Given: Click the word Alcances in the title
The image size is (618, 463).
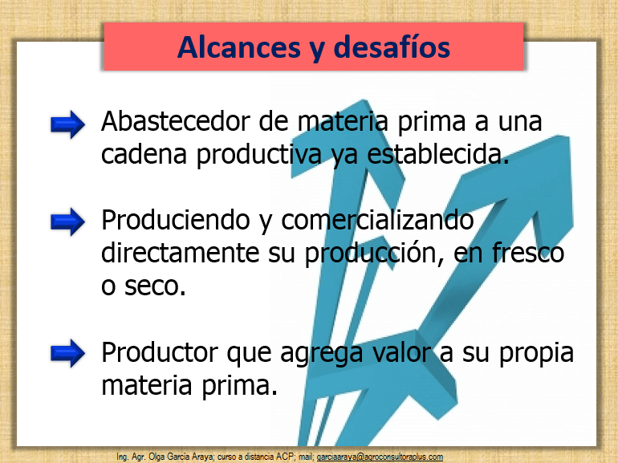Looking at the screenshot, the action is point(239,47).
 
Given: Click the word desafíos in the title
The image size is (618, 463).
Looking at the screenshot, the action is point(392,47).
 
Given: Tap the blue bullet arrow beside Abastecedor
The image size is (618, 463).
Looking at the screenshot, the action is point(67,124).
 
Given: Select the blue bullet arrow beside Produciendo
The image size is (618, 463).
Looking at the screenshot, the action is point(67,221).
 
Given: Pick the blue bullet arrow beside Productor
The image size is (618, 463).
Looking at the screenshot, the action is point(67,353).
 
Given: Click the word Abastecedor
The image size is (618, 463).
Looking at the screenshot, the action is point(176,121).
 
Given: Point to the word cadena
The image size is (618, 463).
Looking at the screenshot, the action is point(144,154).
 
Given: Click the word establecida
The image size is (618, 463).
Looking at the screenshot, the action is point(438,154).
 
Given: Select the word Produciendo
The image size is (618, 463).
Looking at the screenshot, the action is point(176,220).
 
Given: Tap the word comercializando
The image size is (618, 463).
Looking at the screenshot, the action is point(377,220).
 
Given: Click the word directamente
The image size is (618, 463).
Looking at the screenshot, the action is point(180,253).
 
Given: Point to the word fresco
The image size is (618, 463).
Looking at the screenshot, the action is point(528,253).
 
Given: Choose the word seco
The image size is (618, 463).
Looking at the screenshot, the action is point(155,286).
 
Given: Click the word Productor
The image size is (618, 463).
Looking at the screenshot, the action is point(160,352).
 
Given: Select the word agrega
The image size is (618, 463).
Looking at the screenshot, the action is point(322,354).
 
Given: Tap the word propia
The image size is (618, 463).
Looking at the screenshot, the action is point(536,354).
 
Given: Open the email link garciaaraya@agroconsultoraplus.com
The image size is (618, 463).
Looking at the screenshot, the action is point(380,457).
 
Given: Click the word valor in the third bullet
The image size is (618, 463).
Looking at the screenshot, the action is point(401,352).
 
